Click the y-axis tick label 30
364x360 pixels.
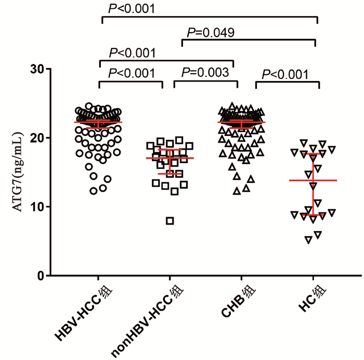point(37,68)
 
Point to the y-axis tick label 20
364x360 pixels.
point(37,137)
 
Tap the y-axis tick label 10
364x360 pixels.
point(37,206)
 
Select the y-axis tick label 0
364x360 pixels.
point(41,275)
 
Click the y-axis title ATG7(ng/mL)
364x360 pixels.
point(19,172)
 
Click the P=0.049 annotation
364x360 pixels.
point(208,33)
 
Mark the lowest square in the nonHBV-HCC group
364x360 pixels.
point(170,221)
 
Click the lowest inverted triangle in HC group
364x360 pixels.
point(308,239)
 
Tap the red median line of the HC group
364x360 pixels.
point(313,180)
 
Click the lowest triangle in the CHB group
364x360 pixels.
point(237,191)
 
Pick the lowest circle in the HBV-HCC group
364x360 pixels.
point(94,191)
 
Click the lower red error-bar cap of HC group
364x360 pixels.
point(313,215)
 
